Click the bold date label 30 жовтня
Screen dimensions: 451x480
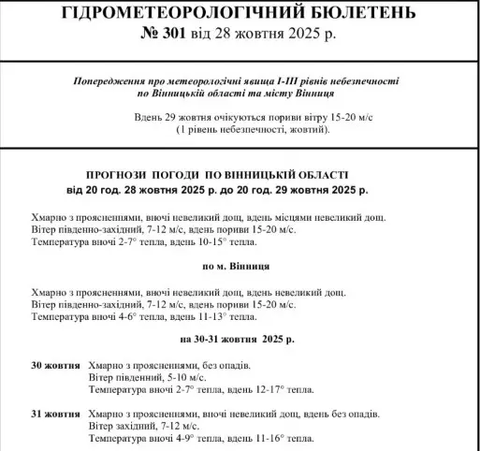point(56,365)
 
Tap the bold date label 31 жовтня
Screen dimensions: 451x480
point(56,413)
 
